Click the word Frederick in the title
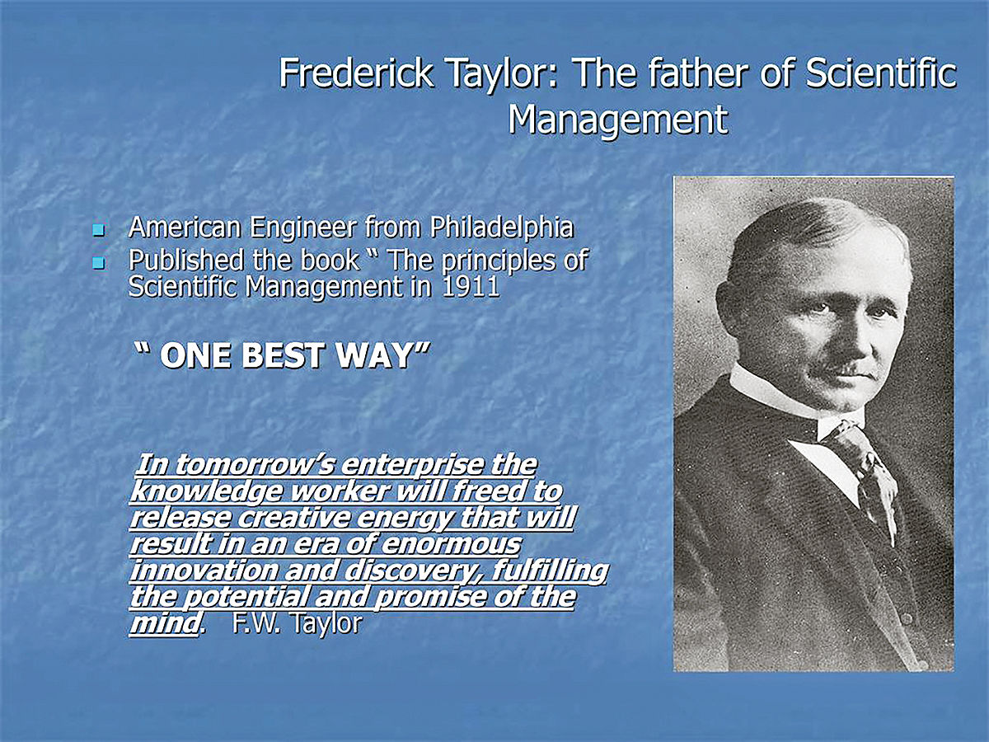click(356, 73)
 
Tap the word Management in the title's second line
click(618, 120)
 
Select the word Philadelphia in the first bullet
click(502, 228)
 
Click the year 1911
click(471, 286)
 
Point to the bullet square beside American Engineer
click(98, 231)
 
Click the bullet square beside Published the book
click(98, 263)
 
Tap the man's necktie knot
click(841, 434)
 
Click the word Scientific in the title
click(880, 73)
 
